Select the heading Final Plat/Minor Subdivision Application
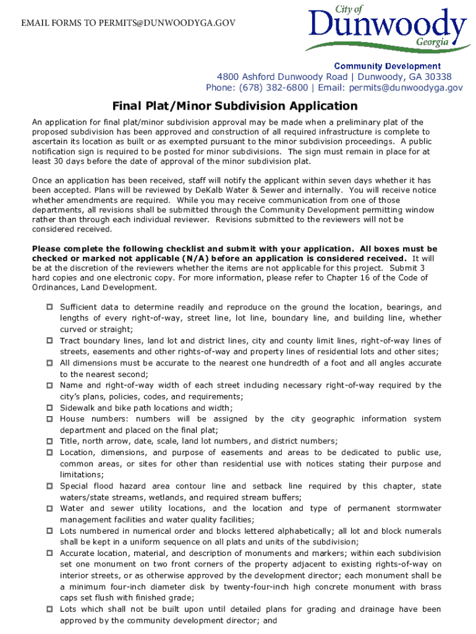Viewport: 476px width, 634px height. (x=234, y=106)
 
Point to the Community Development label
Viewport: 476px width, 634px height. (x=388, y=66)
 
